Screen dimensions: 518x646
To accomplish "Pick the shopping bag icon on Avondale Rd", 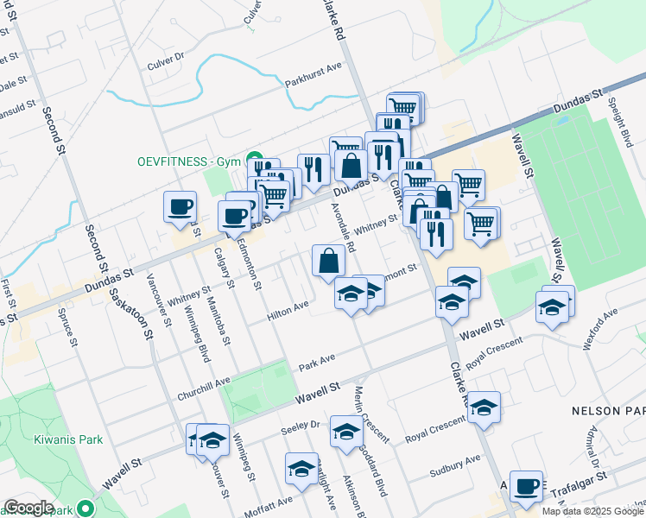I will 329,261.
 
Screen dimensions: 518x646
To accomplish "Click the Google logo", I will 28,508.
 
